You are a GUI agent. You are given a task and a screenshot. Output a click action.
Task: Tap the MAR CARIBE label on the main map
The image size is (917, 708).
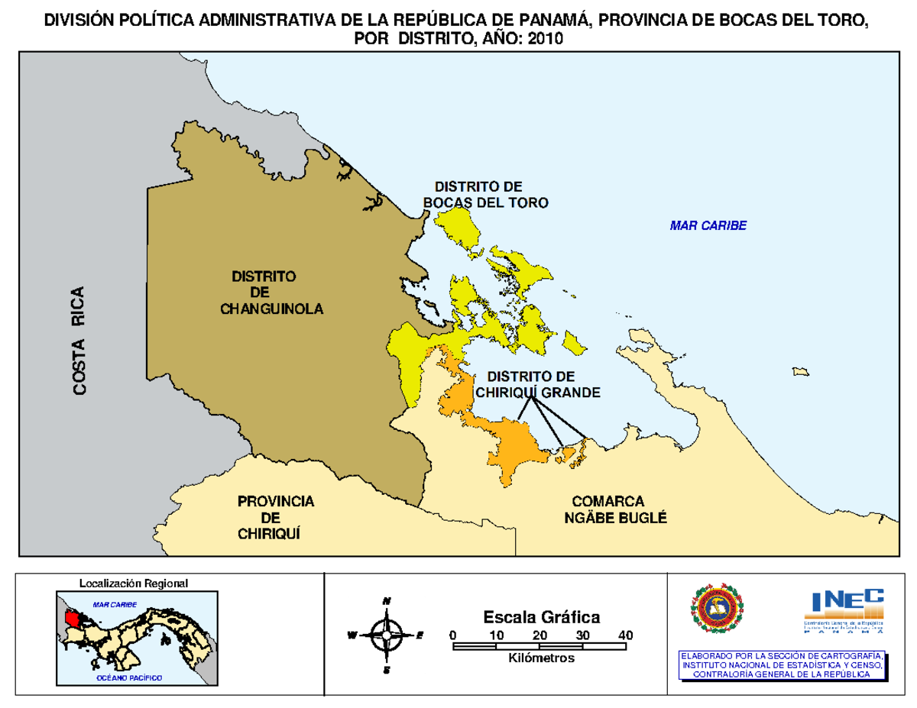(708, 225)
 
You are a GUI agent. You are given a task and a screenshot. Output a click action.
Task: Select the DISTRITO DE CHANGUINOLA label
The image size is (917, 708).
(271, 293)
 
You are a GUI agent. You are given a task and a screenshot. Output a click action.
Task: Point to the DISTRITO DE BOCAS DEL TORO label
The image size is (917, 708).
(486, 195)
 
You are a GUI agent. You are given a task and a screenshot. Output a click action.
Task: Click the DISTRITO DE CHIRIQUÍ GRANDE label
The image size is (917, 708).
(537, 384)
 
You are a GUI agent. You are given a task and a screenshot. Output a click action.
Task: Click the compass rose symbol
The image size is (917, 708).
(387, 634)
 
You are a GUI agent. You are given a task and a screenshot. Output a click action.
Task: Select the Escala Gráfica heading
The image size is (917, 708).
(541, 616)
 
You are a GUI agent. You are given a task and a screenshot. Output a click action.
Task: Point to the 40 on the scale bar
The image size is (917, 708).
(626, 635)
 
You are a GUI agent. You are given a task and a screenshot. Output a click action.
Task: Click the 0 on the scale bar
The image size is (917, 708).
(453, 635)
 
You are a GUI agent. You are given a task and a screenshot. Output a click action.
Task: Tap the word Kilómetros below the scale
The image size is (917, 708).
(540, 658)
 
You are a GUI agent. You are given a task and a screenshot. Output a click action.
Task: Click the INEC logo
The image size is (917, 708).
(844, 610)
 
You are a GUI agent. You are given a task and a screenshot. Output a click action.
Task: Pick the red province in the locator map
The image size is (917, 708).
(72, 616)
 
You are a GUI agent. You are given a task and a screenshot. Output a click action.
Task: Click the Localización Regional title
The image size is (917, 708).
(133, 583)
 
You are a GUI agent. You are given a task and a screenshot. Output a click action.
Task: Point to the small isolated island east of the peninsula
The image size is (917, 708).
(801, 371)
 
